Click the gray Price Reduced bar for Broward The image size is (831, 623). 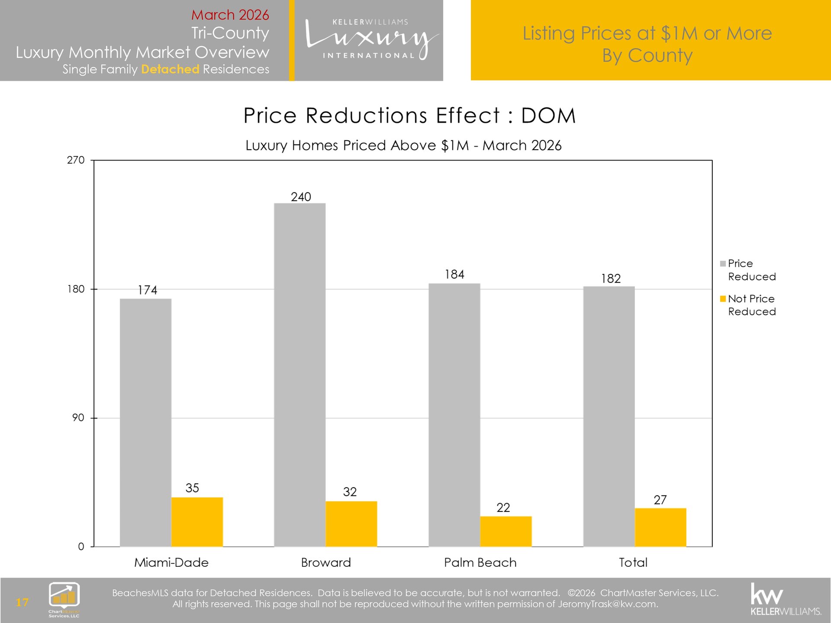300,375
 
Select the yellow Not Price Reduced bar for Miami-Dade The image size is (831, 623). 197,522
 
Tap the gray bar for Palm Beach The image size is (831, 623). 454,415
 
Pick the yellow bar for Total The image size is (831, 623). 660,527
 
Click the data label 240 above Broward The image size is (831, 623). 301,197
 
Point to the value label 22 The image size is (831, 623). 503,507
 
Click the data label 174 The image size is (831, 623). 147,290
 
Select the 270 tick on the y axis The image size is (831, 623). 76,160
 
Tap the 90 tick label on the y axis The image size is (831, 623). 78,418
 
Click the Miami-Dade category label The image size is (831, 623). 171,562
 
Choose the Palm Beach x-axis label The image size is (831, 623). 480,562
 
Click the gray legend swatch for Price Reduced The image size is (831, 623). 723,264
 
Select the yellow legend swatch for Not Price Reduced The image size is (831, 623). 723,299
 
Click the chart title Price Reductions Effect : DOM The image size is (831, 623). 409,116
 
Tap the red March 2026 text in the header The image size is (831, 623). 230,15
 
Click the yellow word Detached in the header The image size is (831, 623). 170,69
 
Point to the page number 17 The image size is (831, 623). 22,602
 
